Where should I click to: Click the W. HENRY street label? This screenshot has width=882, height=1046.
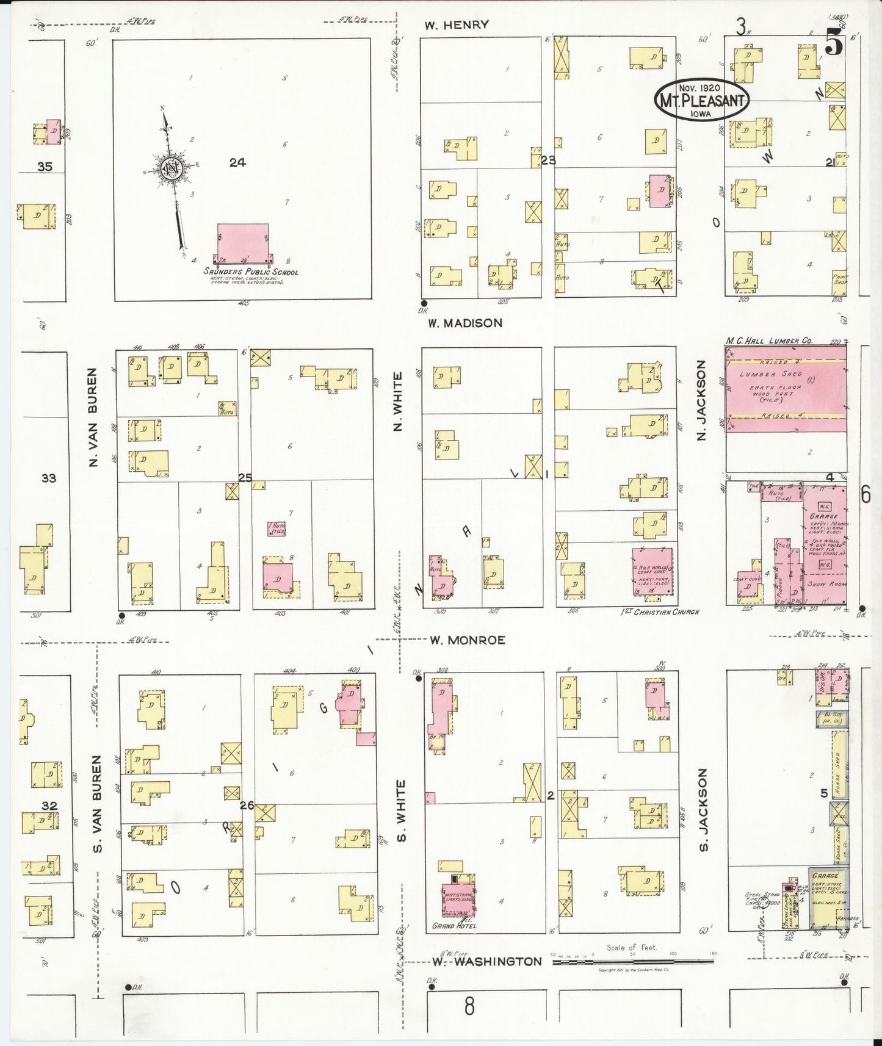[457, 25]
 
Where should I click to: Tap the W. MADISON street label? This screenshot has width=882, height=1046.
[464, 323]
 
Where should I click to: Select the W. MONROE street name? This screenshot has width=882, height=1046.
[468, 640]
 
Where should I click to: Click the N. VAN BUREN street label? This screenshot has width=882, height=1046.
[93, 417]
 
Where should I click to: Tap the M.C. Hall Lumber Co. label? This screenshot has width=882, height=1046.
[768, 341]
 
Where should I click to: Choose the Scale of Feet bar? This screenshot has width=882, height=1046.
[632, 962]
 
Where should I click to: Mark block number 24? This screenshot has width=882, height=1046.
[237, 162]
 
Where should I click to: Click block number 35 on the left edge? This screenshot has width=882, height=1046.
[45, 166]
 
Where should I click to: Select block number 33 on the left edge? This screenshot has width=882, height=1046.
[48, 478]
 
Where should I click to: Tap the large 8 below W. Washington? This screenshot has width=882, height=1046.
[469, 1006]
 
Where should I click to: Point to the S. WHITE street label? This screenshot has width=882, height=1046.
[401, 810]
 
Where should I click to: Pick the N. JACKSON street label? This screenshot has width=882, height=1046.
[701, 400]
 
